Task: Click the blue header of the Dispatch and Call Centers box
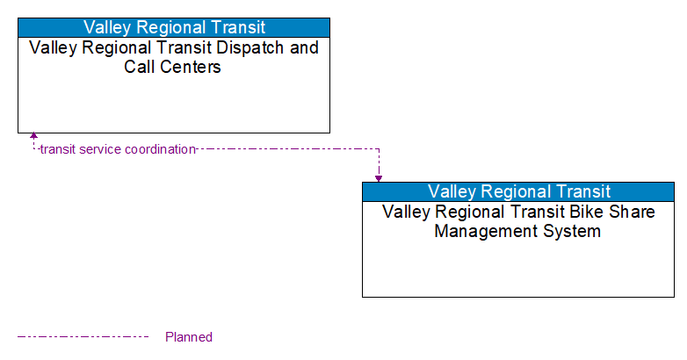174,26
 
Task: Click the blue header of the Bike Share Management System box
518,191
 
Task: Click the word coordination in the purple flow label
160,149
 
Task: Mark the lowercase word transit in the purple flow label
58,149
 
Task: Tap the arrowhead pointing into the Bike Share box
379,178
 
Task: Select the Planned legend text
188,337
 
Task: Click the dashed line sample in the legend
83,336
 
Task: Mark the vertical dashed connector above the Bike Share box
379,162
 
